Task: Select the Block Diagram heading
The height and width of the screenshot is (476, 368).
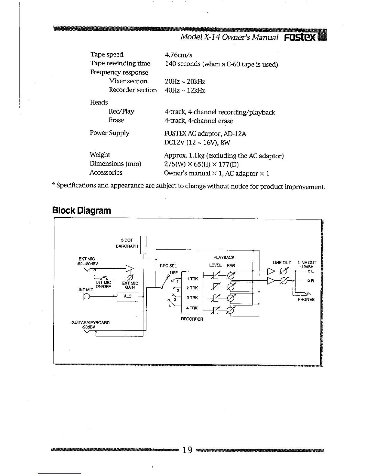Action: pyautogui.click(x=81, y=210)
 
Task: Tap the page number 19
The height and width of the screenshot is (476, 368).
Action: pyautogui.click(x=187, y=450)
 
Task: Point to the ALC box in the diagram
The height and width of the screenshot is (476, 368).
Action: pyautogui.click(x=127, y=296)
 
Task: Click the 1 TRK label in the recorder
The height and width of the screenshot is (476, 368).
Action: pyautogui.click(x=192, y=279)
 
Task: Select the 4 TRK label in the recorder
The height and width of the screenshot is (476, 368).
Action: pyautogui.click(x=192, y=308)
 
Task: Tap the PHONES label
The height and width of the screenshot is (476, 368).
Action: pyautogui.click(x=306, y=300)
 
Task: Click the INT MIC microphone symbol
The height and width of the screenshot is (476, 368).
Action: pyautogui.click(x=87, y=297)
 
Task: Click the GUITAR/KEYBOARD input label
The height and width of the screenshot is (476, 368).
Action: pyautogui.click(x=90, y=322)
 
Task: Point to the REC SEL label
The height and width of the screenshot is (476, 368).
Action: pyautogui.click(x=168, y=266)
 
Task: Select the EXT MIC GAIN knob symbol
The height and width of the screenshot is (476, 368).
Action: pyautogui.click(x=130, y=276)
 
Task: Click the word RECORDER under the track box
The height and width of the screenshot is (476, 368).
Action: pyautogui.click(x=192, y=319)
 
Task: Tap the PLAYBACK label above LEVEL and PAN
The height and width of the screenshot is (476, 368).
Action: pyautogui.click(x=224, y=258)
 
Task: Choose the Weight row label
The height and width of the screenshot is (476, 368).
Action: pyautogui.click(x=100, y=155)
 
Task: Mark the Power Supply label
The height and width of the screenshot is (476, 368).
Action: pyautogui.click(x=110, y=133)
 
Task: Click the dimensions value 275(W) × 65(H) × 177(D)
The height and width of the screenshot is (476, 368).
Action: pyautogui.click(x=201, y=164)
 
